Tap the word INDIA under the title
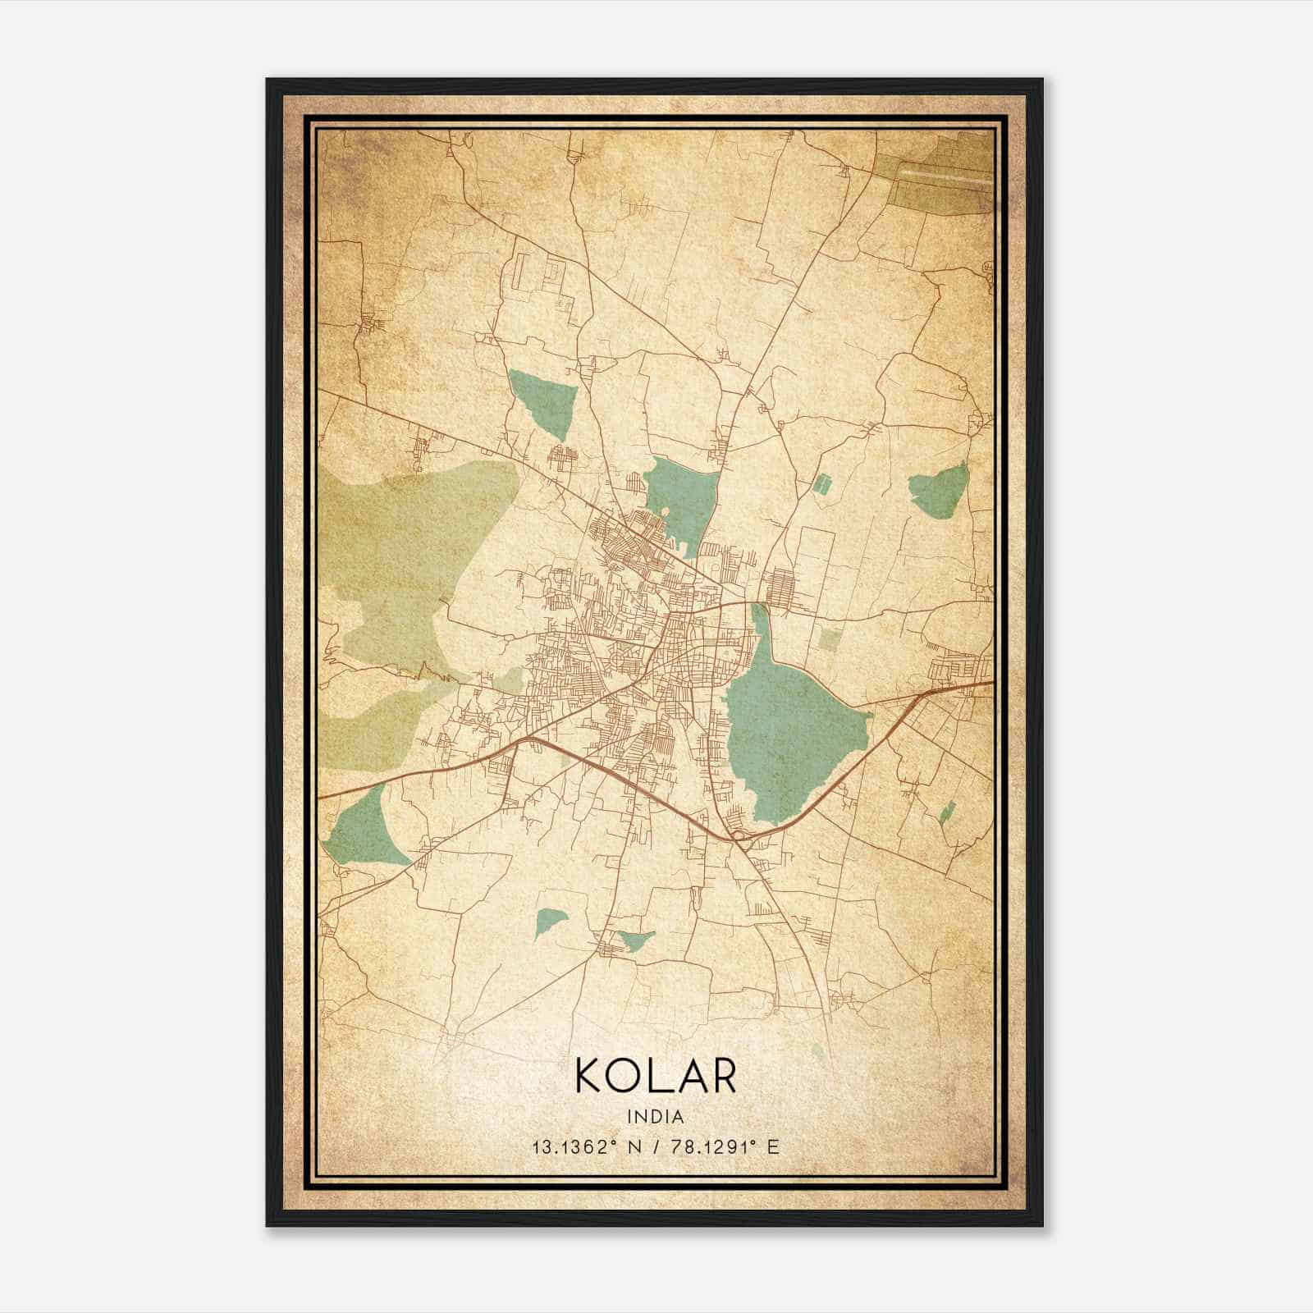tap(656, 1116)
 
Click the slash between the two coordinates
tap(656, 1146)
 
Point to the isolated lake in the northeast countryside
tap(940, 489)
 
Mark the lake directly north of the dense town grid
tap(679, 496)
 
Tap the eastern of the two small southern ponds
tap(635, 940)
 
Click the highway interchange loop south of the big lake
tap(741, 836)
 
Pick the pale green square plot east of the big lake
tap(830, 639)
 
